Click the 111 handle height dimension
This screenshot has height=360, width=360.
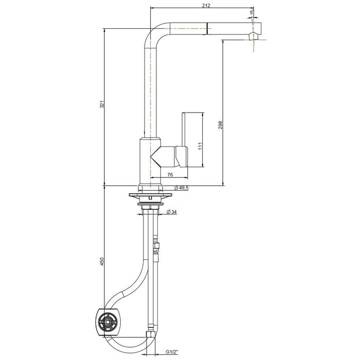(x=202, y=145)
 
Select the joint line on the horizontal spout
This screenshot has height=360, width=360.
(x=207, y=28)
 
